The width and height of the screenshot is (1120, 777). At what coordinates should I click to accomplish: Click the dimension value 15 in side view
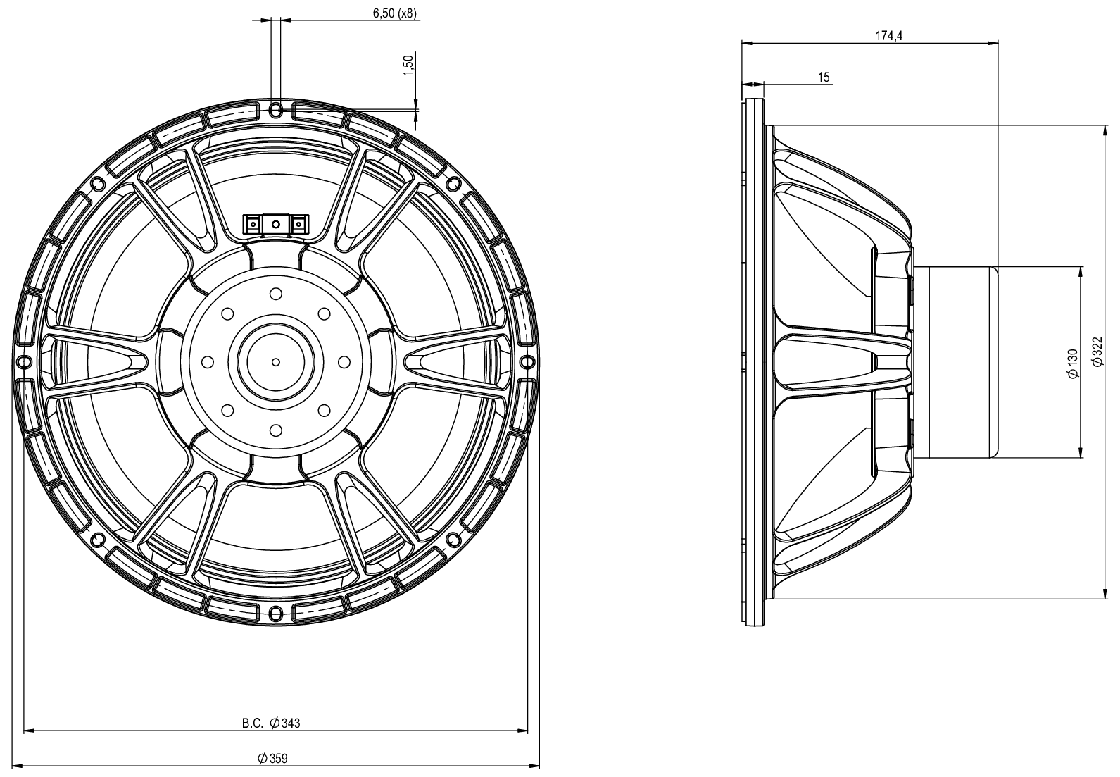pyautogui.click(x=824, y=77)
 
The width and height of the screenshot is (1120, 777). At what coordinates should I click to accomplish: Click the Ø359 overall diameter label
pyautogui.click(x=273, y=758)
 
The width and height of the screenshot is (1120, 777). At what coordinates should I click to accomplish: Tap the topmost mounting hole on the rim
pyautogui.click(x=276, y=108)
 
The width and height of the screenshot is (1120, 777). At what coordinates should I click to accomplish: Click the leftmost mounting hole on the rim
pyautogui.click(x=24, y=361)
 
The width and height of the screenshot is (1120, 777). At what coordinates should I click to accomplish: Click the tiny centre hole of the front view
pyautogui.click(x=276, y=361)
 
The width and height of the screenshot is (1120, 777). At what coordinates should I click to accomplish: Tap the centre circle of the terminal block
pyautogui.click(x=275, y=224)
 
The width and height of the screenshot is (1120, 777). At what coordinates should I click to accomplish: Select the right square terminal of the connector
pyautogui.click(x=299, y=224)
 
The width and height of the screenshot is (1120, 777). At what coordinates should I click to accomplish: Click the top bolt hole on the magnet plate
pyautogui.click(x=276, y=293)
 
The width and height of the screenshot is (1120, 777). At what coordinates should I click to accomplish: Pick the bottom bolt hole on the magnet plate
pyautogui.click(x=276, y=430)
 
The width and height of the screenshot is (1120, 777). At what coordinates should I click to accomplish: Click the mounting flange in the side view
pyautogui.click(x=754, y=362)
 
